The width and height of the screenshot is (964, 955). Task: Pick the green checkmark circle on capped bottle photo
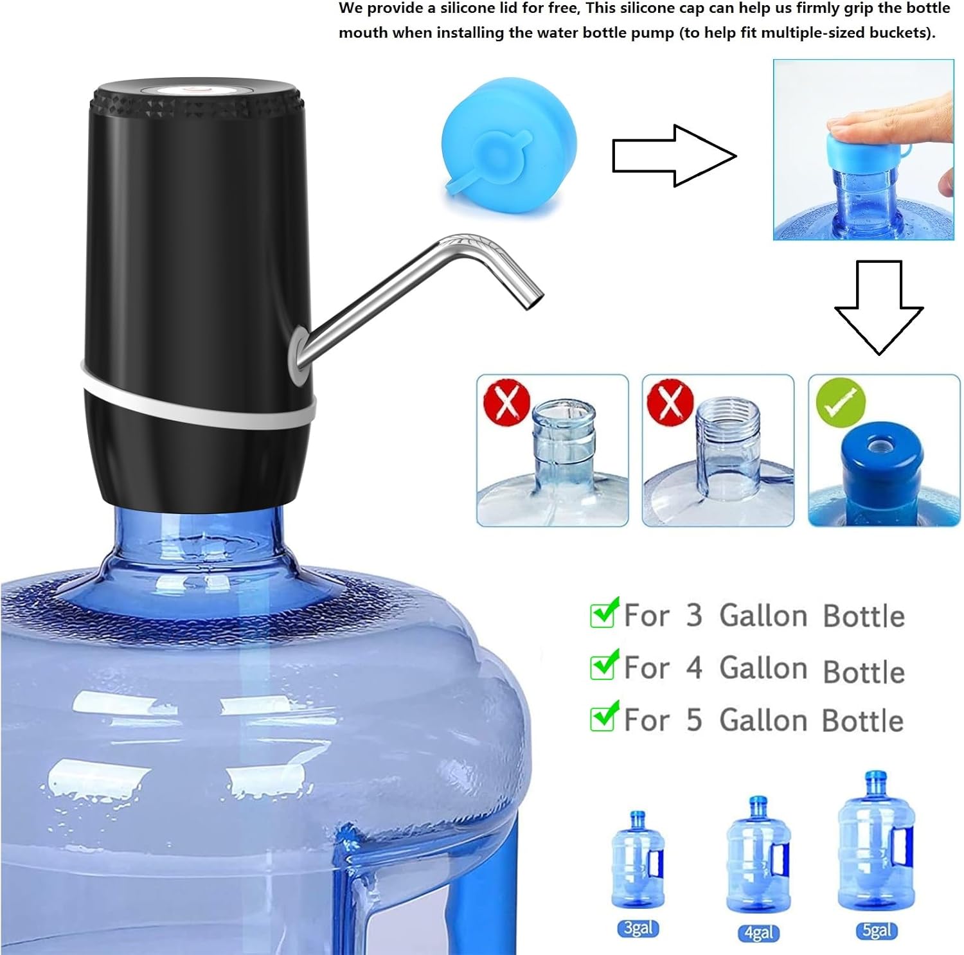pos(840,402)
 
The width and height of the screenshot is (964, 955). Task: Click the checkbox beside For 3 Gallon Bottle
pos(603,614)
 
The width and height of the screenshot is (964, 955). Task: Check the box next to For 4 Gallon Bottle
pos(603,666)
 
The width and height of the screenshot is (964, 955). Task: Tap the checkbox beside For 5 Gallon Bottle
pos(603,718)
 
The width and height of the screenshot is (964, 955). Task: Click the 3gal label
pos(638,928)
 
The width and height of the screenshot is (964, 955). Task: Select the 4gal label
pos(758,933)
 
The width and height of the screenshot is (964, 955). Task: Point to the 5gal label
pos(877,930)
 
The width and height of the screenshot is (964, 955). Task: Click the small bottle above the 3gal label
pos(636,861)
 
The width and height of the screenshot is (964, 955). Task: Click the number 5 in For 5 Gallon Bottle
pos(693,720)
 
